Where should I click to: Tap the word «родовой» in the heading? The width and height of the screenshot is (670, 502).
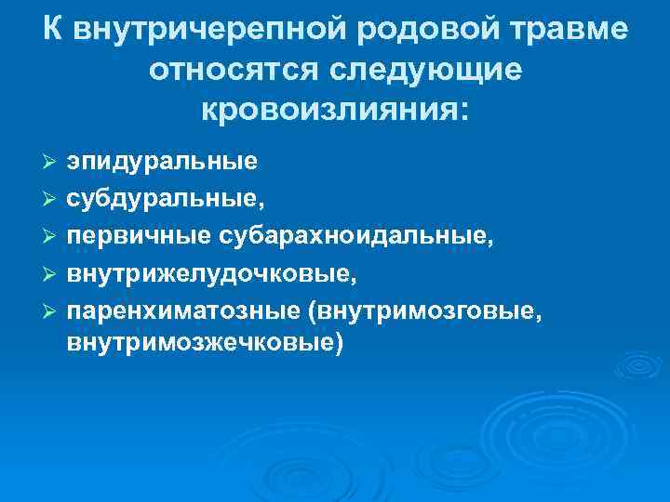click(421, 30)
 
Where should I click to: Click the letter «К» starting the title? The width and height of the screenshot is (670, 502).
click(53, 30)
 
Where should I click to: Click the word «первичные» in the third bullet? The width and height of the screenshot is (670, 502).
click(139, 236)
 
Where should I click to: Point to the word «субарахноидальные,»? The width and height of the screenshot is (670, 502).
click(354, 236)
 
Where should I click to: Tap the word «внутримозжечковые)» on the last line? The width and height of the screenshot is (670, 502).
click(205, 344)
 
